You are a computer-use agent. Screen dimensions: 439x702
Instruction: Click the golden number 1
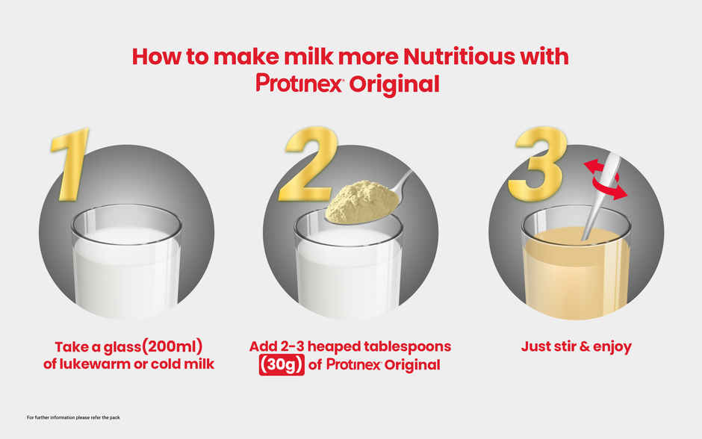72,164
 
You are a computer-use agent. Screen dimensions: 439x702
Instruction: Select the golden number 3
536,165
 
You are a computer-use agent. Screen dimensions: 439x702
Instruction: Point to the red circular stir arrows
605,179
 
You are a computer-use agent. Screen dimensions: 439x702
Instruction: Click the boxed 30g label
282,365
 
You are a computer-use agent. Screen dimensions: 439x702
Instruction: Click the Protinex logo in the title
299,83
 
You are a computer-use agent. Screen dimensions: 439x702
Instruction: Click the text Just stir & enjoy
576,346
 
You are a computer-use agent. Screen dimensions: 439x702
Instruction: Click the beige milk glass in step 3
575,265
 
